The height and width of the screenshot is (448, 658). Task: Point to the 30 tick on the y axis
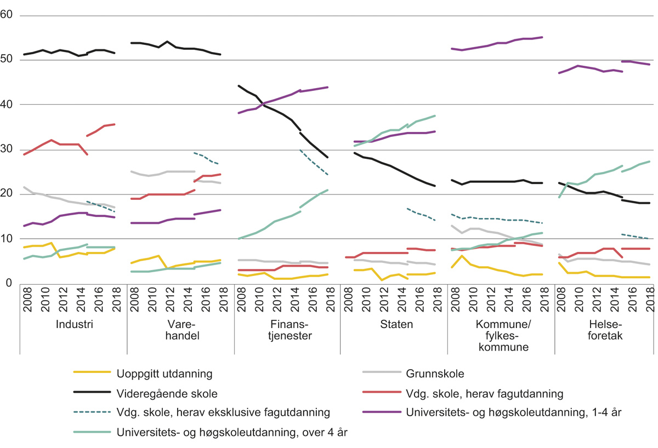[7, 150]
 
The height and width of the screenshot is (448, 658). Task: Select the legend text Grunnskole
[435, 374]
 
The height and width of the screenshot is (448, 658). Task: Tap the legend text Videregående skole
[167, 393]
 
